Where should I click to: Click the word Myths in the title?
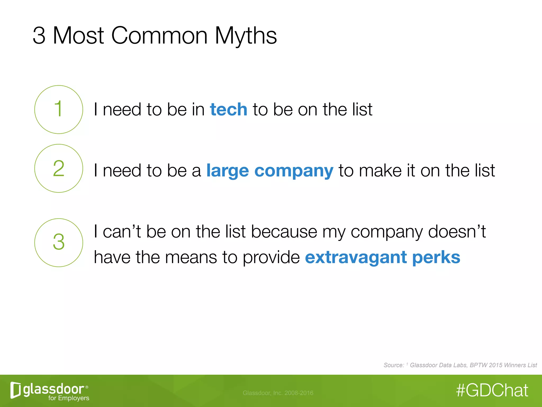coord(246,36)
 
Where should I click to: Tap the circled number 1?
coord(58,109)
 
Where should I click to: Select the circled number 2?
coord(58,168)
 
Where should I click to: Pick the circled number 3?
coord(58,242)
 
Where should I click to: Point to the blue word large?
coord(228,171)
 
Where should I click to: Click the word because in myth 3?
coord(284,232)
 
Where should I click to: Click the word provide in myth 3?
coord(271,258)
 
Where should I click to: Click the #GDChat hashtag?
coord(492,391)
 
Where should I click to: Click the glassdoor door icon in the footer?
coord(15,390)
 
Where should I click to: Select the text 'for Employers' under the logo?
coord(69,398)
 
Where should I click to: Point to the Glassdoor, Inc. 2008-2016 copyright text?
coord(278,393)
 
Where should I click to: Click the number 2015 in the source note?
coord(495,365)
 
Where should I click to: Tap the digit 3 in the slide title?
coord(39,36)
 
